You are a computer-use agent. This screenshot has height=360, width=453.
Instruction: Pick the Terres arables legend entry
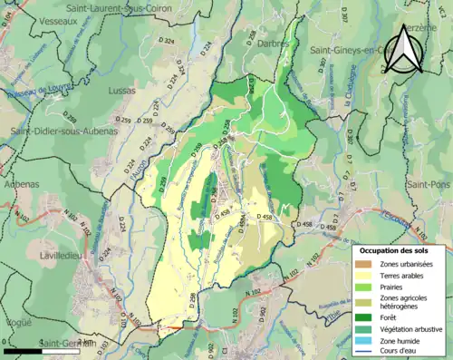coord(405,277)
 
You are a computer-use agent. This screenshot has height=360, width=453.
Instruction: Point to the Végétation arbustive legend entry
coord(411,331)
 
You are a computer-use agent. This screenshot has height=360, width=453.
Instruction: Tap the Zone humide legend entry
coord(403,343)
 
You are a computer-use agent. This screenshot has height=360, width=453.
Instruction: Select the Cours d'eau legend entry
coord(402,354)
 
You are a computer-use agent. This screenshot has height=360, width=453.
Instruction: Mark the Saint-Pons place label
coord(425,184)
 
